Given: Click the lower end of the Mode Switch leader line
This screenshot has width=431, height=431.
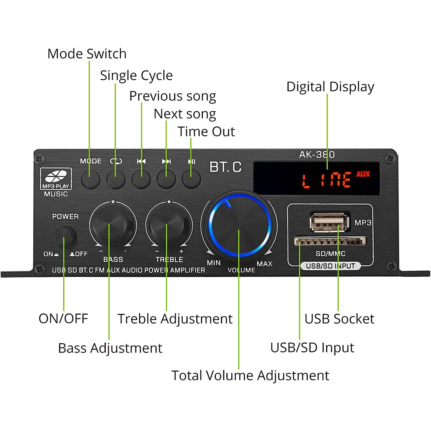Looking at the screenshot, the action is (x=89, y=177).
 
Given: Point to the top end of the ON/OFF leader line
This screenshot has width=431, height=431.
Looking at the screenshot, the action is (x=64, y=237).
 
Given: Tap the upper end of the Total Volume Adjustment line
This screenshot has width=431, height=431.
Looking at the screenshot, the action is (x=239, y=230).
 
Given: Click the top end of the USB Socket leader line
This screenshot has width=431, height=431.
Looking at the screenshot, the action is (x=338, y=224).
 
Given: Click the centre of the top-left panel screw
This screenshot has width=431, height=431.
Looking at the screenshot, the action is (x=39, y=158).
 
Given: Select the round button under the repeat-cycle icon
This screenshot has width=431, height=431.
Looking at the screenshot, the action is (x=116, y=179).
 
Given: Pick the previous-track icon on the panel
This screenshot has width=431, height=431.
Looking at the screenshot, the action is (x=141, y=161).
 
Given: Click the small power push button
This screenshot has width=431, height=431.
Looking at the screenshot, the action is (x=65, y=236).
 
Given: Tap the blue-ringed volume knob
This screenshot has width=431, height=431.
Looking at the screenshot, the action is (x=239, y=225).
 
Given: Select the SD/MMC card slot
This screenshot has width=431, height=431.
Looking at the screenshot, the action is (x=330, y=241).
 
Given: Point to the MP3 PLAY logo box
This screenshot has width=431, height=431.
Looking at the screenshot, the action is (x=56, y=179).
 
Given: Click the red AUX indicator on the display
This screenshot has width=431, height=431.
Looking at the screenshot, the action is (x=363, y=174).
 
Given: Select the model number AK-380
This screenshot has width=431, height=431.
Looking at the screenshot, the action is (x=317, y=155).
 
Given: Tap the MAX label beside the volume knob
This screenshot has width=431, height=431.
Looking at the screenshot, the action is (x=264, y=263).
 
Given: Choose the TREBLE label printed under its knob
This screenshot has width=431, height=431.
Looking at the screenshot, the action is (x=169, y=259).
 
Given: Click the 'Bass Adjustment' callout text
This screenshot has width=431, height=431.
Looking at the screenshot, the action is (x=110, y=348).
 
